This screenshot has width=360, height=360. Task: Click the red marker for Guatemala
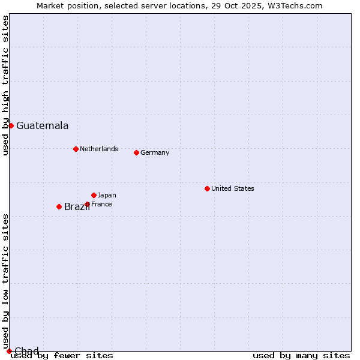(11, 125)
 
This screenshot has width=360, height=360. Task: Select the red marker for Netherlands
(76, 149)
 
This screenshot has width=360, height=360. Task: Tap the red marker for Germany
(136, 152)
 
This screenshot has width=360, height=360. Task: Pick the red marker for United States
(207, 188)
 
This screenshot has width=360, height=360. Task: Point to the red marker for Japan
(94, 195)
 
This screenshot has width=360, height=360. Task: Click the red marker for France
(87, 204)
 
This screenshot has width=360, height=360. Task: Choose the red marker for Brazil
(59, 206)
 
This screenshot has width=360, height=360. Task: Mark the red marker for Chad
(9, 351)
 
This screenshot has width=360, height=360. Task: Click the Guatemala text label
(42, 126)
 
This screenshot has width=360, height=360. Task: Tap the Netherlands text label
(99, 149)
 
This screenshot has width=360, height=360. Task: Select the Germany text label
(155, 152)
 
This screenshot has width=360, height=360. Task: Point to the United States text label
(233, 188)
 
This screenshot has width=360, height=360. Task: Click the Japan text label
(107, 195)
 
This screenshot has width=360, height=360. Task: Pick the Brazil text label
(77, 207)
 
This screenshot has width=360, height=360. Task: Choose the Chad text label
(26, 351)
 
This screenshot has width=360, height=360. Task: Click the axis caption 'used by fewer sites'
(62, 356)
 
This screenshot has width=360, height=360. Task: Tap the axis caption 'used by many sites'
(301, 356)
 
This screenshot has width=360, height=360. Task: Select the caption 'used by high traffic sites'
(5, 85)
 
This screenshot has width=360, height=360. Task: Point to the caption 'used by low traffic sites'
(5, 281)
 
